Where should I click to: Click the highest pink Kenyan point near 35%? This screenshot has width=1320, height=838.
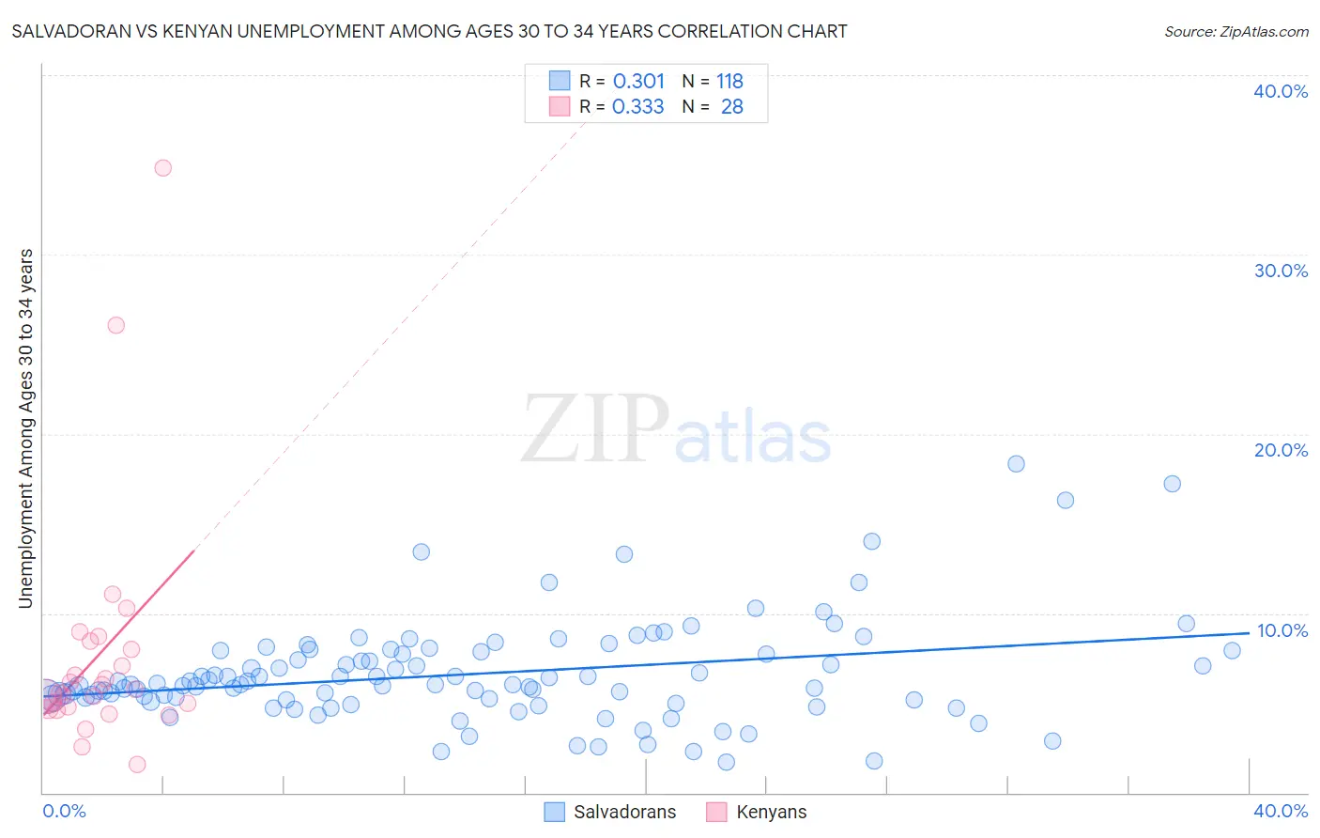[162, 168]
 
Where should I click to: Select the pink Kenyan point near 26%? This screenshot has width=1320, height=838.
[116, 325]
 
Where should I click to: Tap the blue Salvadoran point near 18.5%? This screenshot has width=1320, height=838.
[1016, 464]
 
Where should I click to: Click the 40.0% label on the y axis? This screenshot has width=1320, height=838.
[1281, 91]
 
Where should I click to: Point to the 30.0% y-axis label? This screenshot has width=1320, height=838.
[1281, 271]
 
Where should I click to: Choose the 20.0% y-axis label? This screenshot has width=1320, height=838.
[1281, 450]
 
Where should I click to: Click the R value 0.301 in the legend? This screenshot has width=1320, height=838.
[638, 82]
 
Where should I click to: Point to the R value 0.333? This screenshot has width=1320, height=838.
[638, 107]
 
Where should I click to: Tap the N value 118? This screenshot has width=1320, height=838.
[729, 82]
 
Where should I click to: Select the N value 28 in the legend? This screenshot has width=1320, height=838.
[731, 107]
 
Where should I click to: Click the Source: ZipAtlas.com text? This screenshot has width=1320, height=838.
[1236, 32]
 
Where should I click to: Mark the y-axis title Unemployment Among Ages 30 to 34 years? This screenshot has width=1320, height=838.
[26, 428]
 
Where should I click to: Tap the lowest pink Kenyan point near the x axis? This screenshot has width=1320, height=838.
[137, 765]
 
